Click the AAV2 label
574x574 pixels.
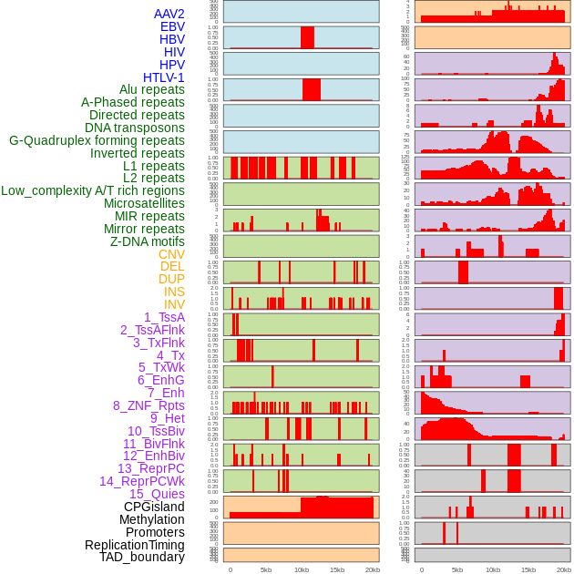(169, 14)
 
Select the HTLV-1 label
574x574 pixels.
(164, 77)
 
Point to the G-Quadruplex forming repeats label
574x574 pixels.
(97, 140)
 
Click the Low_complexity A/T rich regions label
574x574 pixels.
(93, 190)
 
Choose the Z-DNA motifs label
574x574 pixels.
(148, 241)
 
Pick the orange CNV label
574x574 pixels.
(171, 254)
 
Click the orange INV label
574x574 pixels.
(174, 304)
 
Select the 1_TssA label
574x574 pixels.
(164, 317)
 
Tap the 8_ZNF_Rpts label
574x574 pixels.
(149, 405)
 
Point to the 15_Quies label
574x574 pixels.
(157, 494)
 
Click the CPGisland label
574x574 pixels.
(154, 507)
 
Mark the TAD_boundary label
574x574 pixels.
(142, 557)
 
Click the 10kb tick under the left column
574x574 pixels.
(301, 569)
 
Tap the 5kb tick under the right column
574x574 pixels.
(456, 569)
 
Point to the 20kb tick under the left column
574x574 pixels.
(372, 569)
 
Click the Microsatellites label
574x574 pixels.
(144, 203)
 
